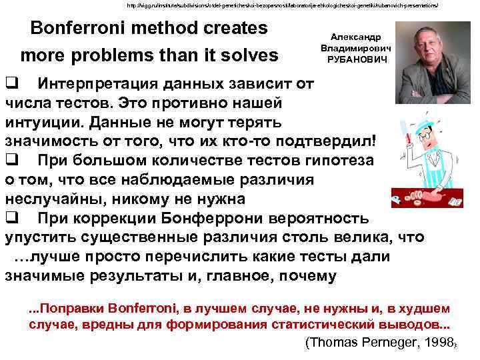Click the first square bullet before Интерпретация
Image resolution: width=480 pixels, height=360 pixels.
pos(11,84)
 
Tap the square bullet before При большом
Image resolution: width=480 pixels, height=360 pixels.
pos(11,160)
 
